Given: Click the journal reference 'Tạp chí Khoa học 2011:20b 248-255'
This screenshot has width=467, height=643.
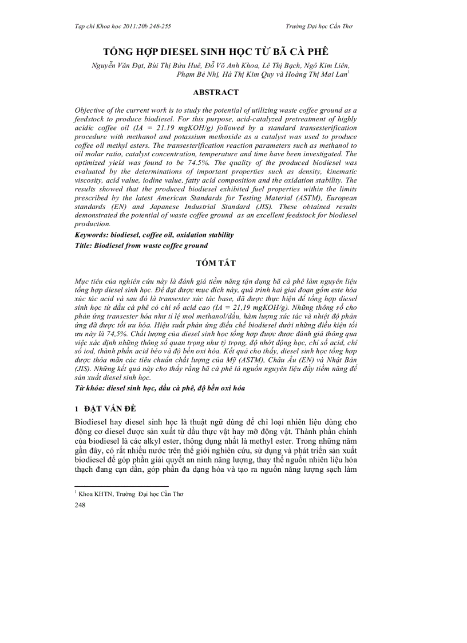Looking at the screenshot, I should click(x=122, y=26).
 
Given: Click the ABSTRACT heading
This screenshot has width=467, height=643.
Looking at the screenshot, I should click(x=216, y=92).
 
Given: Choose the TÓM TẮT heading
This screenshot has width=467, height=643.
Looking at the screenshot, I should click(x=216, y=263).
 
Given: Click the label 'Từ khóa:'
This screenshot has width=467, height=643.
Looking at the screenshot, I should click(x=89, y=388).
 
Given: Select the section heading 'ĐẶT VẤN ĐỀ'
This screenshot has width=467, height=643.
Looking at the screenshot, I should click(x=112, y=408).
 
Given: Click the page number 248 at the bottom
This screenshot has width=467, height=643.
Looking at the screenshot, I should click(x=81, y=506).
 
